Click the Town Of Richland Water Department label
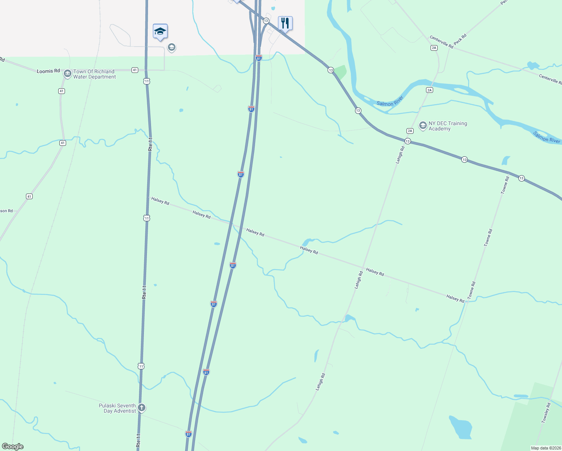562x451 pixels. point(94,74)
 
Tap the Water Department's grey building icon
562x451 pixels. point(68,73)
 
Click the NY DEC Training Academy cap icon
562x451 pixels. point(423,125)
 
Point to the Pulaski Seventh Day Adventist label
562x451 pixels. point(117,408)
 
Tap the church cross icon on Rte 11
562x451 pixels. point(142,408)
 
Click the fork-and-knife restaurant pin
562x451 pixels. point(285,23)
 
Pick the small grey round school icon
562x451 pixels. point(172,47)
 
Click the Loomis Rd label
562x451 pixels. point(48,71)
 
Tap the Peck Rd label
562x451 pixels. point(460,39)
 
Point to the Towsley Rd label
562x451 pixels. point(546,413)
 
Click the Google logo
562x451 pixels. point(13,446)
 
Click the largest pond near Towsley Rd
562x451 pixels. point(461,427)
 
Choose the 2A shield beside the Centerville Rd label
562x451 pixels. point(434,48)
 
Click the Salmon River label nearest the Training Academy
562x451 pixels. point(390,101)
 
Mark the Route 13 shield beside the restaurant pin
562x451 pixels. point(266,21)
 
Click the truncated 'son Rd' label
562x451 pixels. point(6,211)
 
